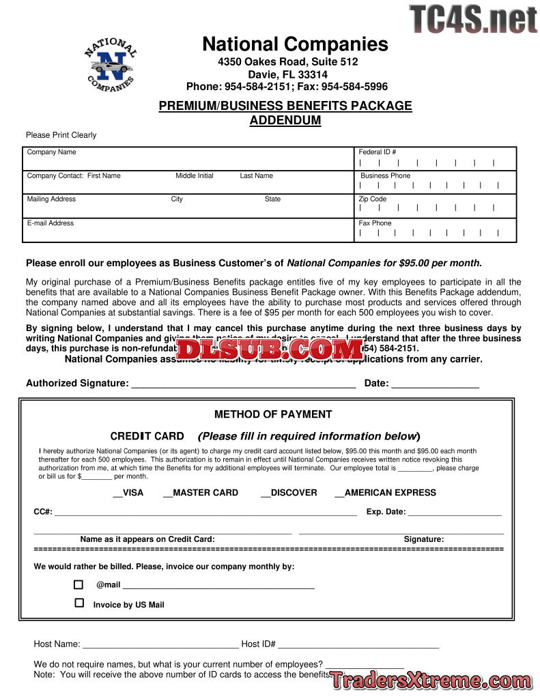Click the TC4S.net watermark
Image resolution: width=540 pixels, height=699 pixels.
473,19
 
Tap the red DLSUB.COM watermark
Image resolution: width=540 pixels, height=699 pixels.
270,349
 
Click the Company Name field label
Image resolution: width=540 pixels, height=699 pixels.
51,152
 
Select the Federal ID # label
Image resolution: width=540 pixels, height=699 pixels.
378,152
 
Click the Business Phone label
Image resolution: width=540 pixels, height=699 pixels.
386,176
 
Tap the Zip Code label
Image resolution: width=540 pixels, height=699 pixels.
373,199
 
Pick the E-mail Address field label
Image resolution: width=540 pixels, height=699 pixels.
51,223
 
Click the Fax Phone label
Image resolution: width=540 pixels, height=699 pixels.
375,223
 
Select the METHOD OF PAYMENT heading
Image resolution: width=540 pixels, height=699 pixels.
273,414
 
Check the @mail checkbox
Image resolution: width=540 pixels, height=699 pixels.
79,585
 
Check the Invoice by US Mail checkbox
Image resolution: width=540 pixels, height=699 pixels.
79,603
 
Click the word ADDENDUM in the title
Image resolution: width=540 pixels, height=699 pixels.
285,121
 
